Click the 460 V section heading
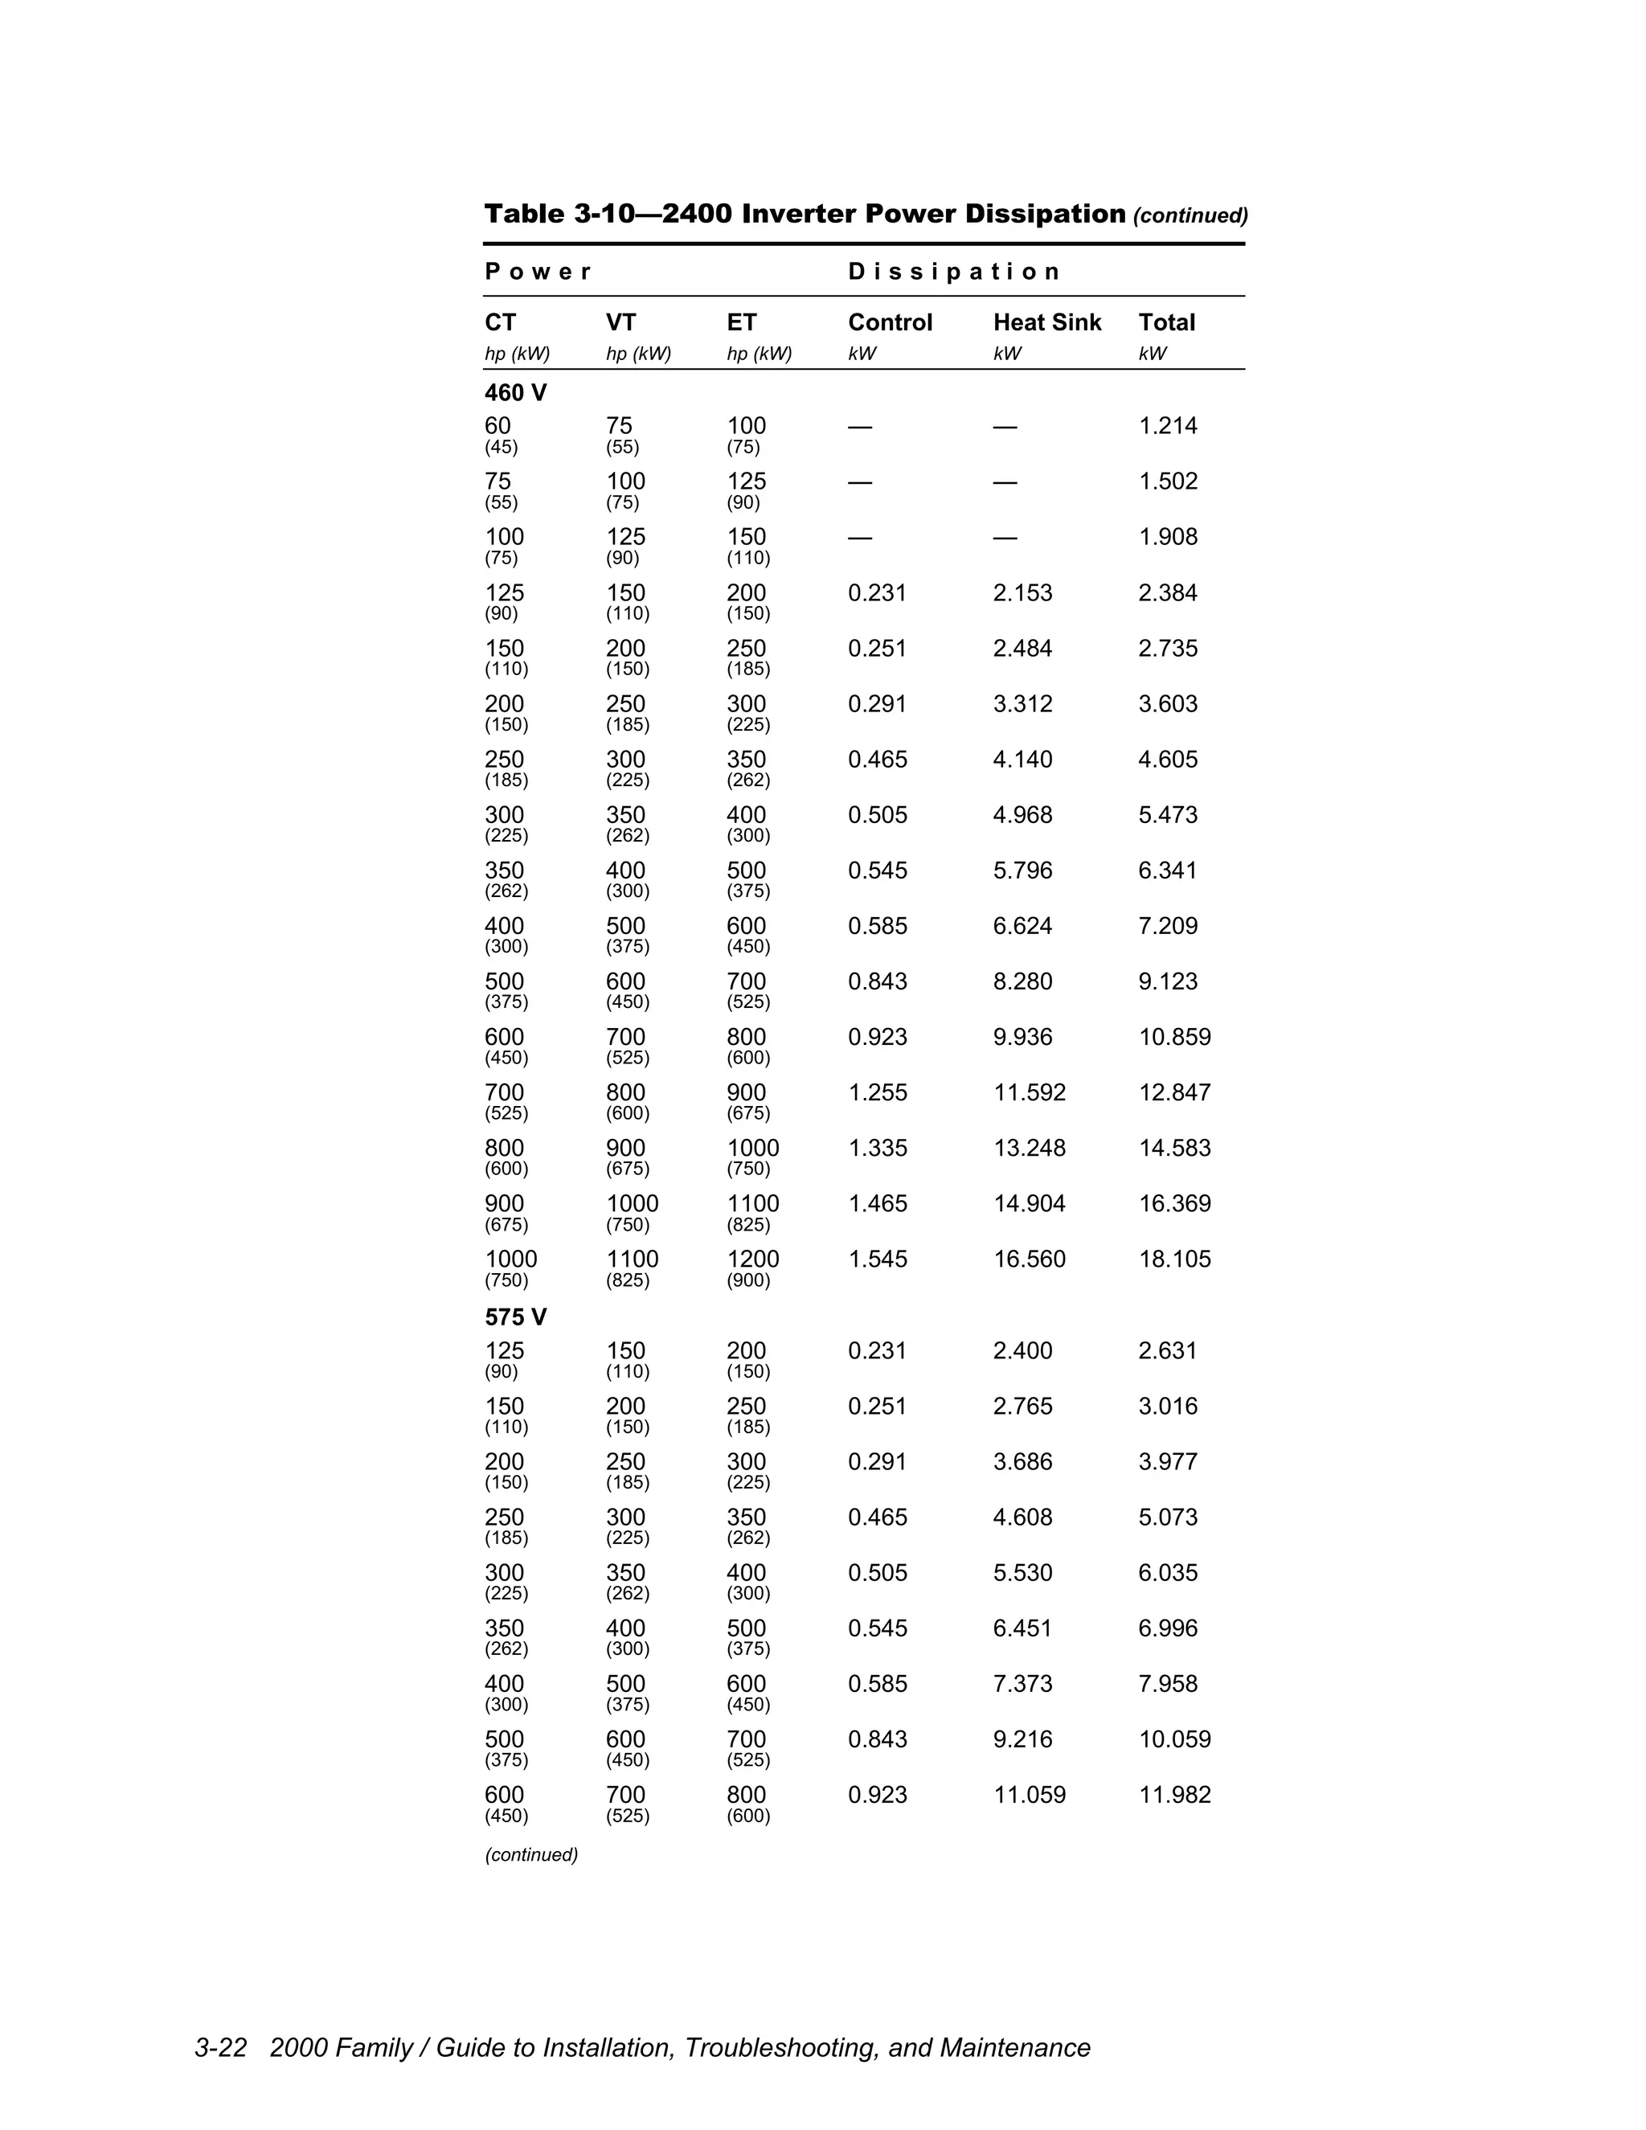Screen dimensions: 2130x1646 (516, 393)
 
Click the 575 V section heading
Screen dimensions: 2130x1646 (516, 1317)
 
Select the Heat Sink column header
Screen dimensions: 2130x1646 (1046, 323)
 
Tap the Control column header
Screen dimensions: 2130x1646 (890, 323)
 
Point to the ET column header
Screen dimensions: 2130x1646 (741, 323)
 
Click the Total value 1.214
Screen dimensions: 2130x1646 (1167, 426)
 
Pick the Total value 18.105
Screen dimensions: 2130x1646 (1174, 1259)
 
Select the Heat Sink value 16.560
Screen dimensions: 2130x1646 (1029, 1259)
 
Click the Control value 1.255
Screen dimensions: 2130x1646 (877, 1092)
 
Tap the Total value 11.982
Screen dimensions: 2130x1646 (1174, 1795)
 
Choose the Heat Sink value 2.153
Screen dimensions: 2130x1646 (1022, 593)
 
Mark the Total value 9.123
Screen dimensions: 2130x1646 (1167, 981)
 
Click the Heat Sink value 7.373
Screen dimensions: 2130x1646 (1022, 1683)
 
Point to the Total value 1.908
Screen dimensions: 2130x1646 (1167, 538)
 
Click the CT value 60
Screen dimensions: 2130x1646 (497, 426)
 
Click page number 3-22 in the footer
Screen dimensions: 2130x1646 (220, 2048)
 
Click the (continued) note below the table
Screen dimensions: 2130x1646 (531, 1855)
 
